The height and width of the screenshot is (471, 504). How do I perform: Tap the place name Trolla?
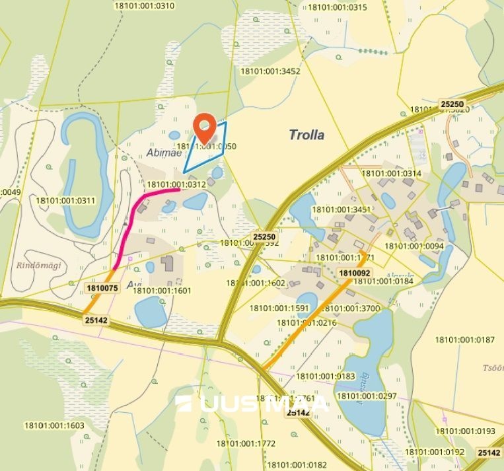pos(306,135)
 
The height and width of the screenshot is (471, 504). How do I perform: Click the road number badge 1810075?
pos(102,288)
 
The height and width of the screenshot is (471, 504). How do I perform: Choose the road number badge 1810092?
pos(355,272)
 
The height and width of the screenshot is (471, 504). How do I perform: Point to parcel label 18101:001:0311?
pos(65,201)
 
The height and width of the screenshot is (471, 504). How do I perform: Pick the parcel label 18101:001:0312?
pos(176,185)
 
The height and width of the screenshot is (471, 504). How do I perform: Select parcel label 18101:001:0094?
pos(414,246)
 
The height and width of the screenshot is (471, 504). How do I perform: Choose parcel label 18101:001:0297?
pos(367,396)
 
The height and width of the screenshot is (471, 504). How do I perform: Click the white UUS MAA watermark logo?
pos(252,403)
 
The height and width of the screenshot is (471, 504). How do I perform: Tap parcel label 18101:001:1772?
pos(246,443)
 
